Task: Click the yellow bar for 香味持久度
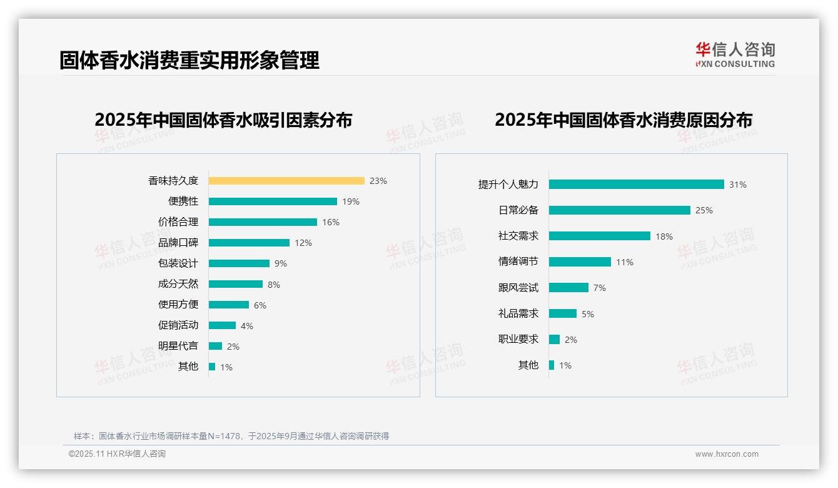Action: point(286,181)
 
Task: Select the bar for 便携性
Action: point(273,201)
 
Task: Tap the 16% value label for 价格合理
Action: point(331,222)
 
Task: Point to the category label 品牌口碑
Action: point(178,243)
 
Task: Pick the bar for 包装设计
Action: point(239,263)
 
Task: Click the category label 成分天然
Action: point(178,284)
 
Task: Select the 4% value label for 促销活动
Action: point(247,326)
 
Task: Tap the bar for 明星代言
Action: point(215,346)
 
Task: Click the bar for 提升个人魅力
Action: point(637,185)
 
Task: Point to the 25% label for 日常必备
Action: point(704,210)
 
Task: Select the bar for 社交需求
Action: point(600,236)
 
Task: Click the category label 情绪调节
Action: point(518,262)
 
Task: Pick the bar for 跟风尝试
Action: point(568,288)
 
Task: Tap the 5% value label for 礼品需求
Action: point(588,314)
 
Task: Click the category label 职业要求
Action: point(518,339)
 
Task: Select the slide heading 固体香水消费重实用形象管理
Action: point(189,60)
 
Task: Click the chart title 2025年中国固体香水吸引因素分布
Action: point(223,120)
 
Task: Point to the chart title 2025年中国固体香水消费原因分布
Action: point(623,120)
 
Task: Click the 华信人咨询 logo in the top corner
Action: point(735,54)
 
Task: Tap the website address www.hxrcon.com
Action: point(727,454)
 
